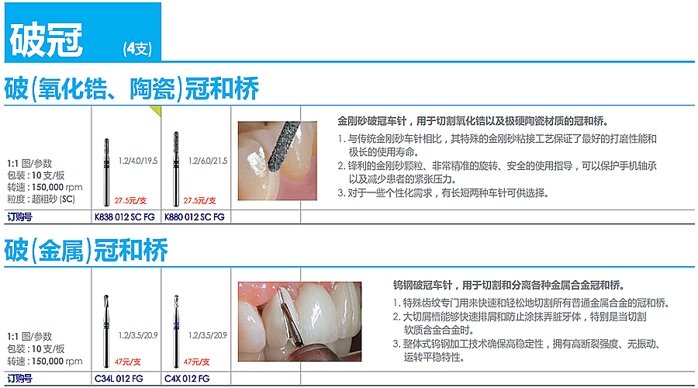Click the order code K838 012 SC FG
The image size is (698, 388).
(x=125, y=217)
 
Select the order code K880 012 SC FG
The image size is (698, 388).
(x=195, y=217)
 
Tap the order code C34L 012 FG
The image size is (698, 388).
(x=119, y=379)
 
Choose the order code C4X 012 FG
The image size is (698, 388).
(x=187, y=379)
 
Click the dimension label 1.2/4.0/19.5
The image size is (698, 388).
(x=138, y=161)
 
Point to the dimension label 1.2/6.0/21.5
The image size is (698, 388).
(x=208, y=161)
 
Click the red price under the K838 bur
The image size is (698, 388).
(x=130, y=200)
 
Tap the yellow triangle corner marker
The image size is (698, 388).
(x=157, y=109)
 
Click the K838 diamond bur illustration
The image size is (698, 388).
(x=106, y=172)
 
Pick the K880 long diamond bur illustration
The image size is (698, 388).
(x=176, y=169)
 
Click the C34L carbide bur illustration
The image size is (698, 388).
(x=106, y=331)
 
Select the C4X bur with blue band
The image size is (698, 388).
(x=176, y=331)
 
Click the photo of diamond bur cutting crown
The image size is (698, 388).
(x=278, y=161)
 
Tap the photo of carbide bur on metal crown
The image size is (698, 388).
(x=299, y=321)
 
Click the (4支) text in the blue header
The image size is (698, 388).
(x=137, y=49)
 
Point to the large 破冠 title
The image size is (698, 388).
(x=47, y=40)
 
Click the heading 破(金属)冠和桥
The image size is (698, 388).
(x=86, y=251)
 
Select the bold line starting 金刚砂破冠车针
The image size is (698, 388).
(x=473, y=121)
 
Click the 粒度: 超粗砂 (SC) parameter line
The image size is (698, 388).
(x=41, y=199)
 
